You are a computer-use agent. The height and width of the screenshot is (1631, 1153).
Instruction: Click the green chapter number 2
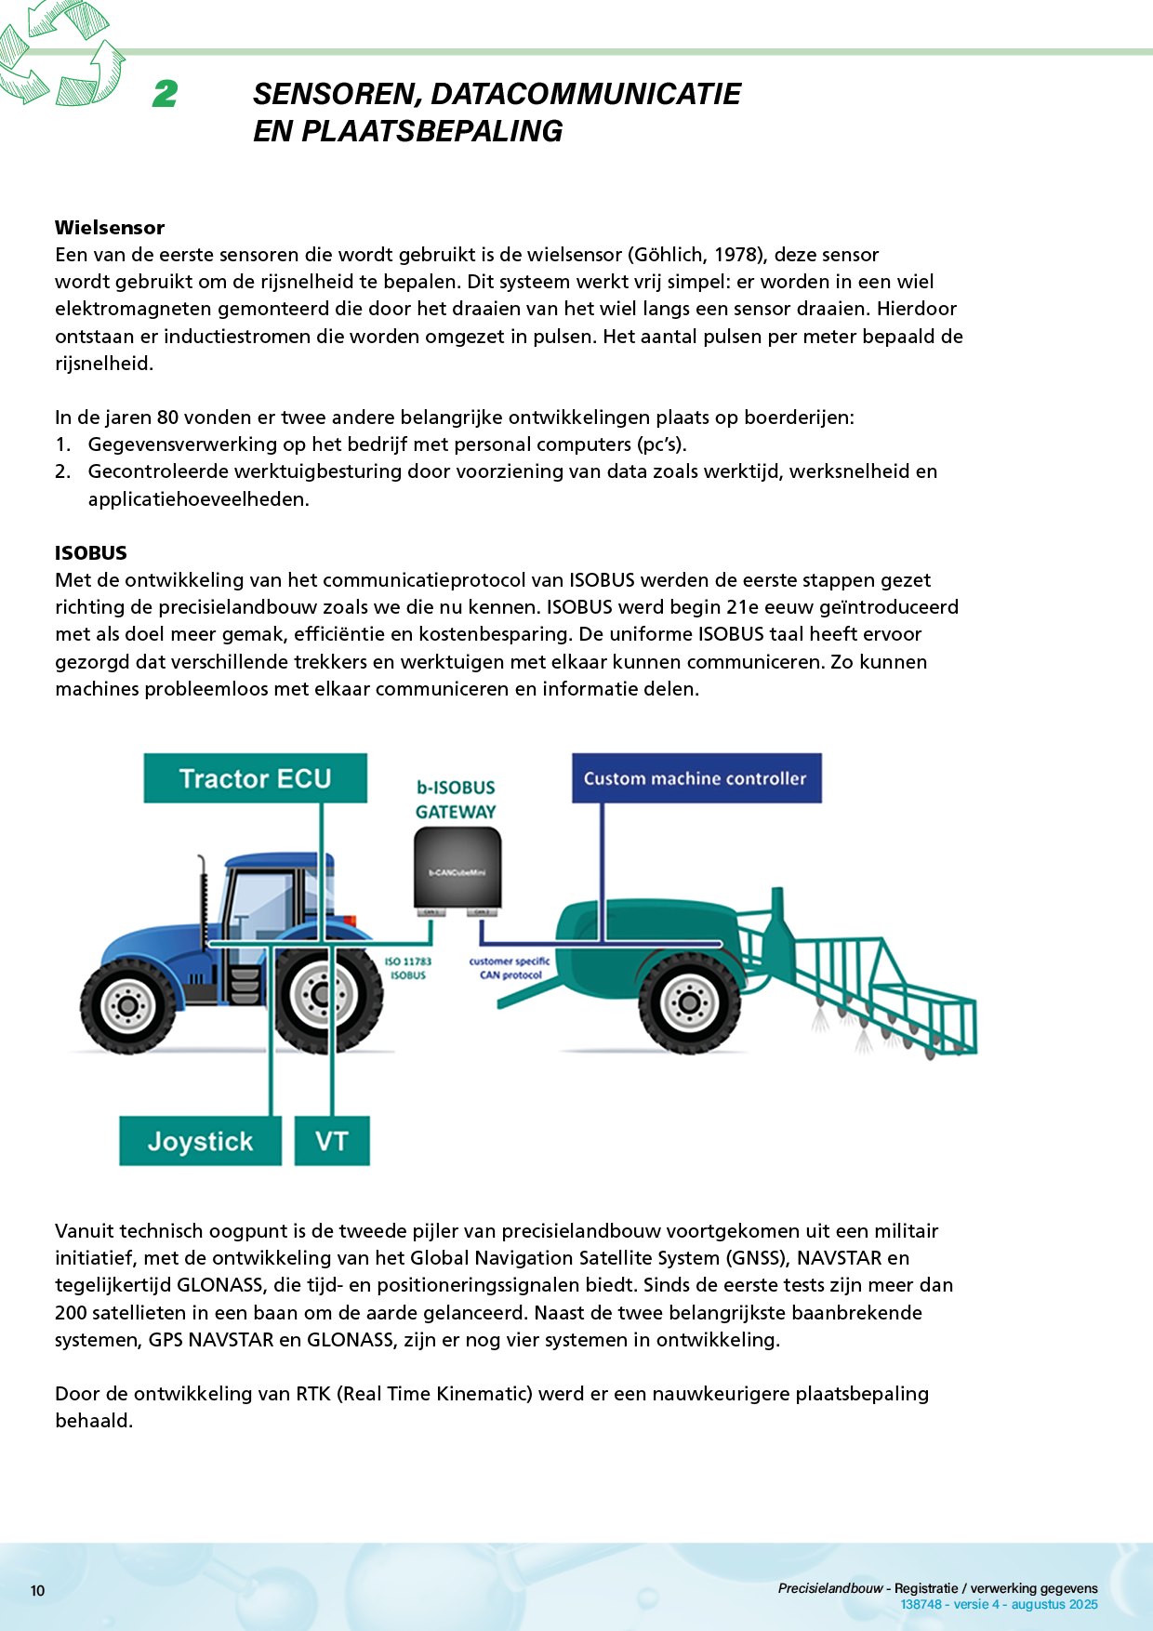click(x=166, y=93)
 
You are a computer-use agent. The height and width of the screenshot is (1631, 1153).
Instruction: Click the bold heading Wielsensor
click(x=110, y=228)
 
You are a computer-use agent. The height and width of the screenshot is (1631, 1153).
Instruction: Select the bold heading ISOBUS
click(x=91, y=552)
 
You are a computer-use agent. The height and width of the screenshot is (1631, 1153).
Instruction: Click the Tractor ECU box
click(x=255, y=778)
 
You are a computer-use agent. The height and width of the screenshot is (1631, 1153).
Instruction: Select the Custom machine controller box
click(x=696, y=778)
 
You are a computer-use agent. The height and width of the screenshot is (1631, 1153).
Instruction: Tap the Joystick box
click(x=200, y=1141)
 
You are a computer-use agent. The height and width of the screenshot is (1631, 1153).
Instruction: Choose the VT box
click(x=332, y=1141)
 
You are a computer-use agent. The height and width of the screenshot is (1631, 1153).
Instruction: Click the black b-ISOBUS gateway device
click(x=457, y=869)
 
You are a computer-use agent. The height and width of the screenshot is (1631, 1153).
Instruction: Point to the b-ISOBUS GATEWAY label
click(x=456, y=800)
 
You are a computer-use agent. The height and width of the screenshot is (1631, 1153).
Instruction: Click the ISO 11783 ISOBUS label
click(x=408, y=968)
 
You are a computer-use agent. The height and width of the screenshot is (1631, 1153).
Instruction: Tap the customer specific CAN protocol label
click(x=510, y=968)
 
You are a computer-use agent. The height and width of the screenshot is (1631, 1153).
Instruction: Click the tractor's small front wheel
click(x=127, y=1005)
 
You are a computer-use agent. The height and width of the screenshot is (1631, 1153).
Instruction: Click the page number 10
click(x=38, y=1590)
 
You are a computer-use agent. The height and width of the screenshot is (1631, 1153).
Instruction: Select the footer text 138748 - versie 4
click(x=949, y=1604)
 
